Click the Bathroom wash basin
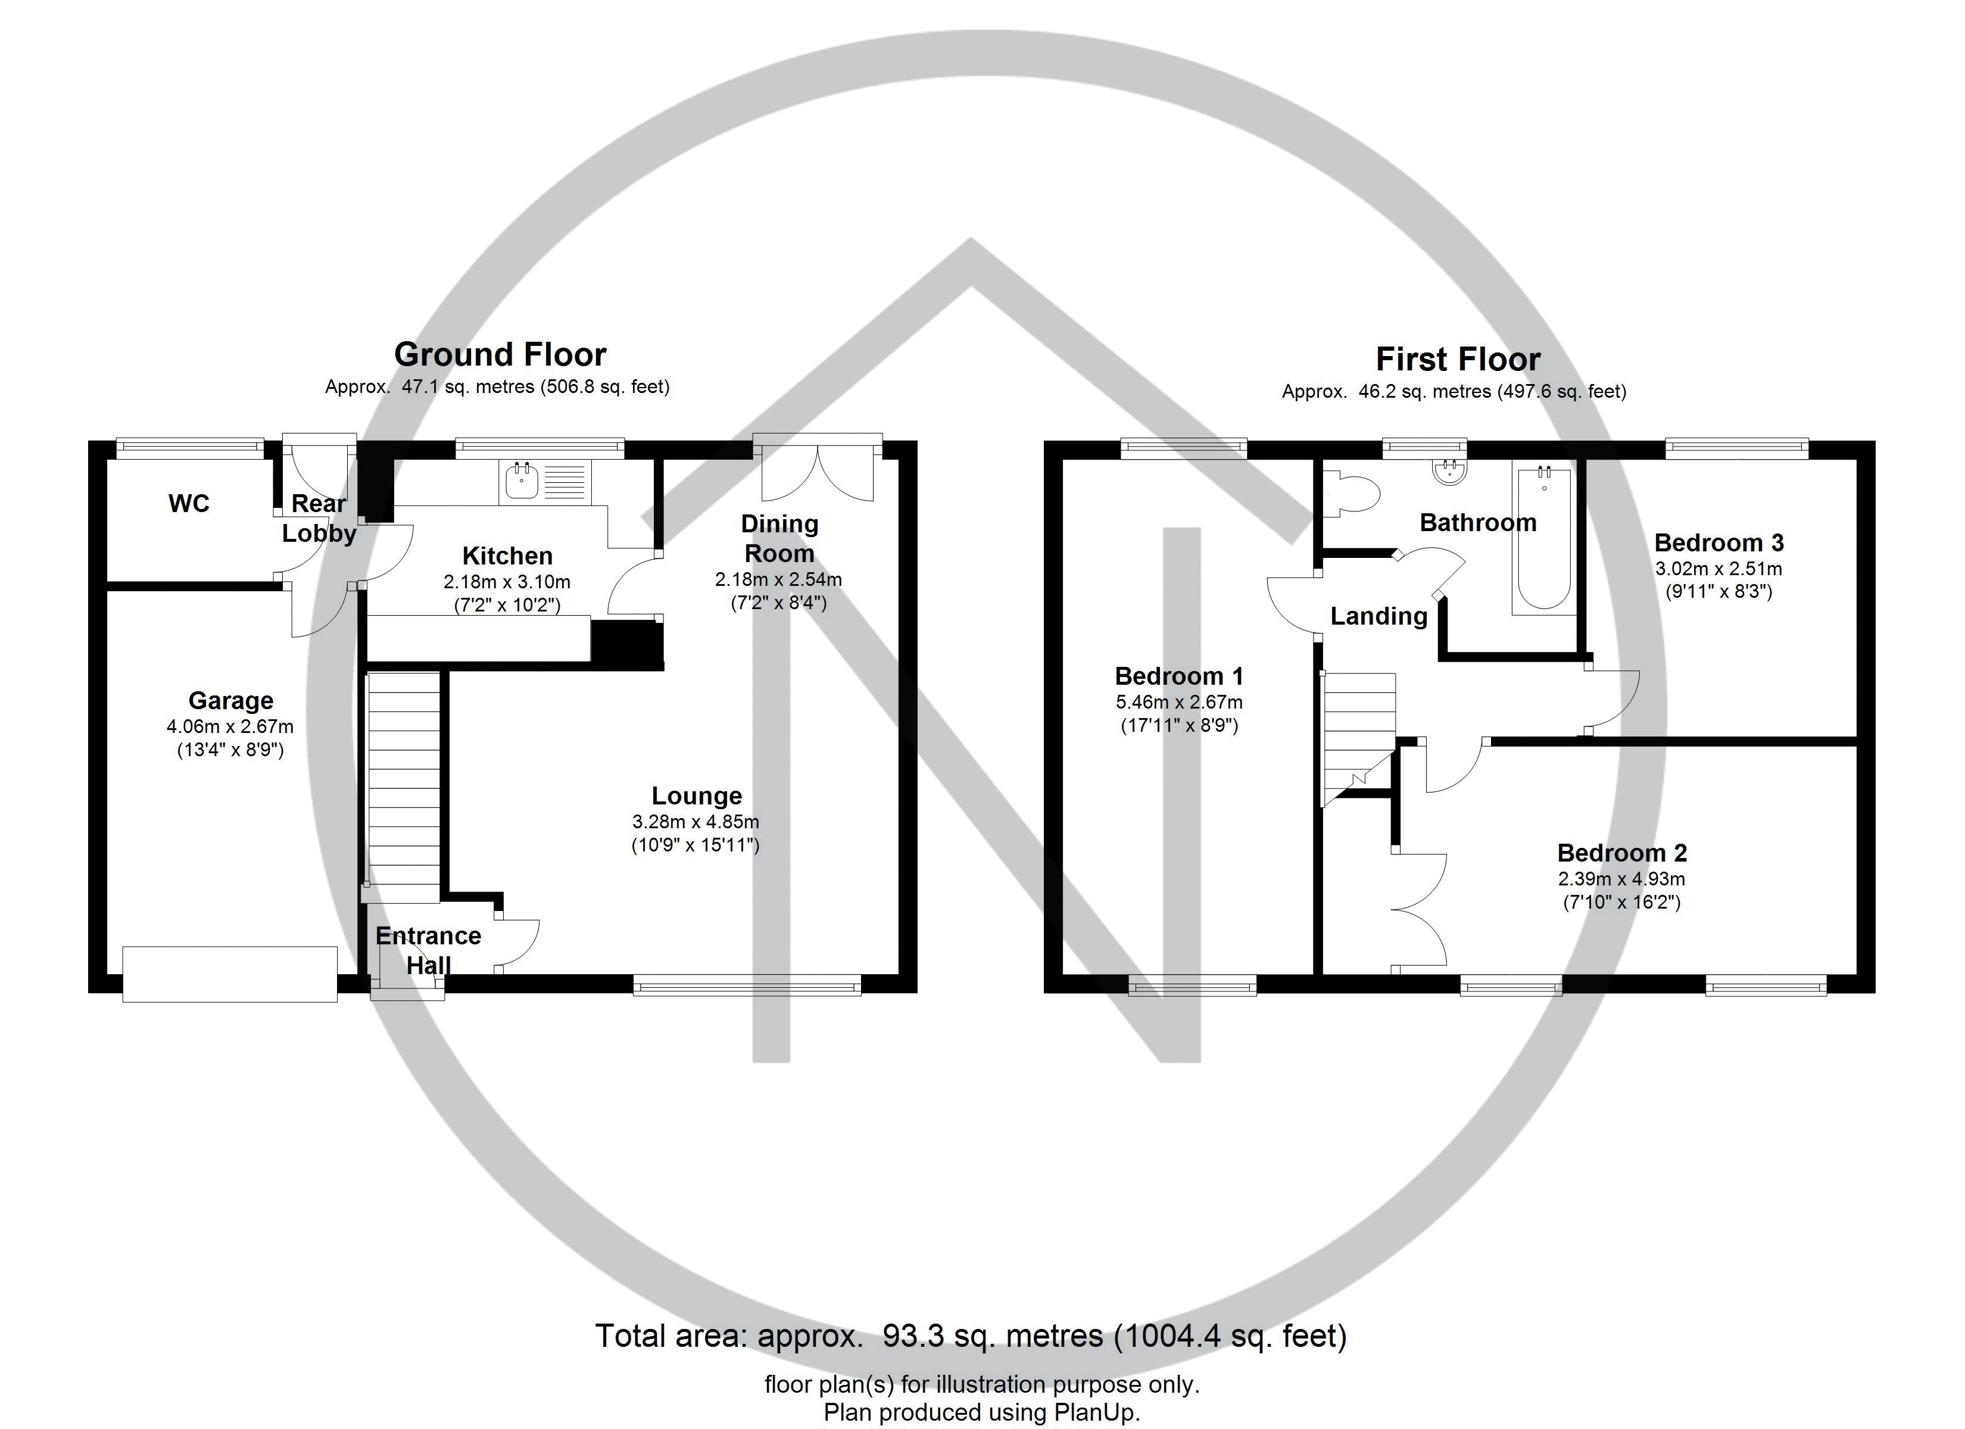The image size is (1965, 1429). [1447, 470]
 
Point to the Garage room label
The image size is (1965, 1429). [230, 700]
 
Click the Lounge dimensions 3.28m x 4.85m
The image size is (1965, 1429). [695, 822]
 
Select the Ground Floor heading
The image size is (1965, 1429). [500, 354]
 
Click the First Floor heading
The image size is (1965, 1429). [1458, 359]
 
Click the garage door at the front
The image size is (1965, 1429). [230, 974]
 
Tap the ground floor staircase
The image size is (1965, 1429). [404, 788]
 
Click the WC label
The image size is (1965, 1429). [189, 504]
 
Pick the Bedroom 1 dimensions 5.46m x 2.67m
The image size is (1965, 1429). [1179, 702]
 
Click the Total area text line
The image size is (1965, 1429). [971, 1336]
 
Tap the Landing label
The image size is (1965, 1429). [1378, 616]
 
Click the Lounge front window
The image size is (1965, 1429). [747, 984]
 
